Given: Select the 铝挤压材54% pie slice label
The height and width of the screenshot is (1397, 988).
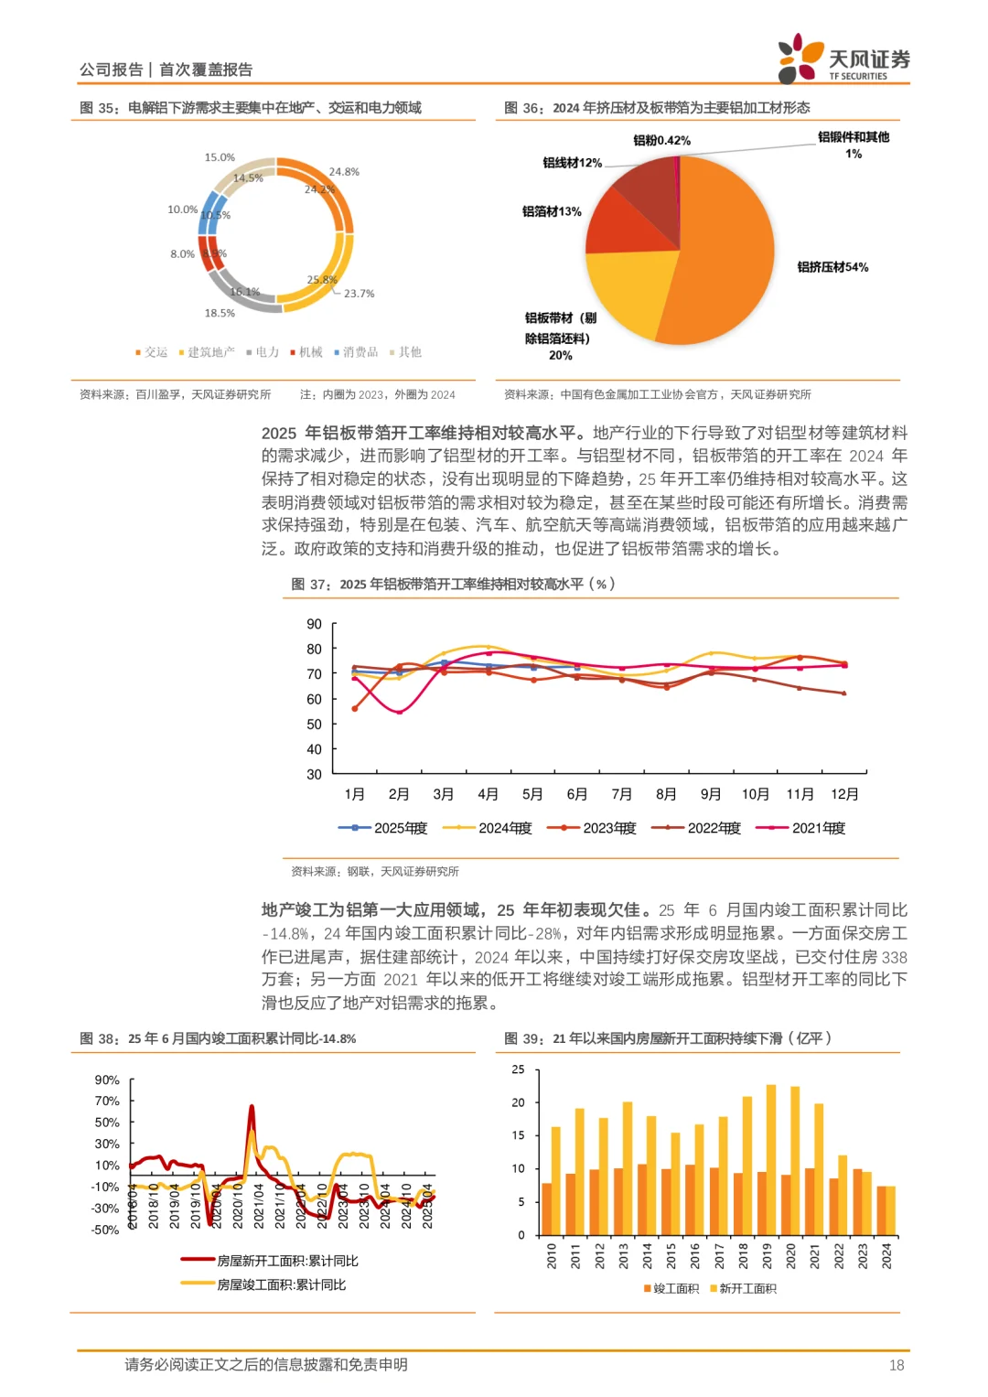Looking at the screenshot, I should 832,267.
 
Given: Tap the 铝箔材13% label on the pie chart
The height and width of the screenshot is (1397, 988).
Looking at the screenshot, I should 552,211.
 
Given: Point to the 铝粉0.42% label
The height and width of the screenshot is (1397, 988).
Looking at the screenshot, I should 661,140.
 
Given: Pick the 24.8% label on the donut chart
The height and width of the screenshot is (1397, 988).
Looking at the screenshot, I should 344,172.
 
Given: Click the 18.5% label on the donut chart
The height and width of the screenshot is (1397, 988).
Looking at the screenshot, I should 220,313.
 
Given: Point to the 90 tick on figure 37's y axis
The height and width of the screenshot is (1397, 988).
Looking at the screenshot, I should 314,624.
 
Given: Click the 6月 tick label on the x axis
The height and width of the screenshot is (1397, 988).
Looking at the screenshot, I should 576,794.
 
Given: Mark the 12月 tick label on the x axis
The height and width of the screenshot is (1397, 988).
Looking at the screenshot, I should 844,794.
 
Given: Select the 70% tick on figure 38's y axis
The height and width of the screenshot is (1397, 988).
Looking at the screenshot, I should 107,1101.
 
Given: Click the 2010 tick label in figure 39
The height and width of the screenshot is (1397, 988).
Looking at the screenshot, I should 552,1255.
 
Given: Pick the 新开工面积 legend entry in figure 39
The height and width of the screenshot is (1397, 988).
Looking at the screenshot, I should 743,1288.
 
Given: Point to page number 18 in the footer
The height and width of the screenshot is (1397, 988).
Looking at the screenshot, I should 897,1365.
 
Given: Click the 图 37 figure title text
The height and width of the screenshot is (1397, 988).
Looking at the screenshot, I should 453,584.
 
